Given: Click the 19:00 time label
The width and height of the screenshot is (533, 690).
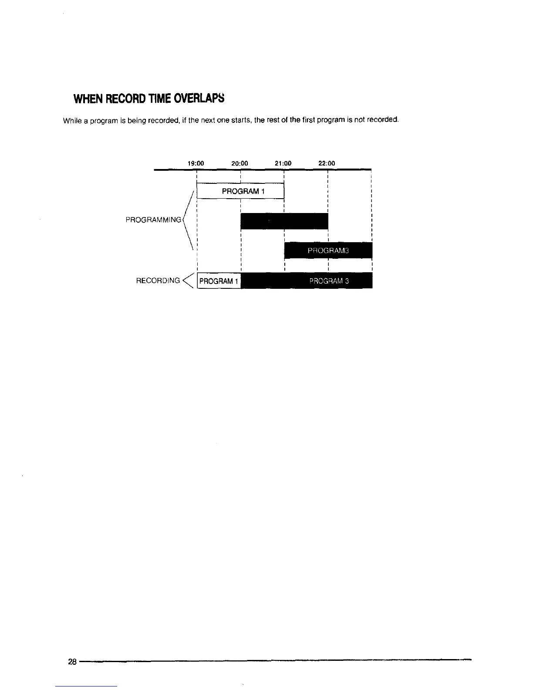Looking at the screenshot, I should click(x=196, y=163).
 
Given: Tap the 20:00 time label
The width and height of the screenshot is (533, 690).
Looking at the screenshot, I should click(x=240, y=163).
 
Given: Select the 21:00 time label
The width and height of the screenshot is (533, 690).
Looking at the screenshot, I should click(x=283, y=163).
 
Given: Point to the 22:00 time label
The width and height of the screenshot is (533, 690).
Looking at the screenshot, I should click(x=327, y=163).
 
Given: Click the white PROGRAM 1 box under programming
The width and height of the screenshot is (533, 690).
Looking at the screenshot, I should click(x=240, y=191).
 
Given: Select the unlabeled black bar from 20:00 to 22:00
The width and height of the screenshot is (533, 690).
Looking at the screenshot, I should click(x=284, y=220).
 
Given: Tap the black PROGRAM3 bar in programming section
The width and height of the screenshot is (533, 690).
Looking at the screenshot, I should click(x=328, y=250).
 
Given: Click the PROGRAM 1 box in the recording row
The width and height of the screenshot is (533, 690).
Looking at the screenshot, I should click(x=219, y=281).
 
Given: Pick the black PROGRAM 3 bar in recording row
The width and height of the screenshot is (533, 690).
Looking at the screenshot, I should click(x=307, y=281).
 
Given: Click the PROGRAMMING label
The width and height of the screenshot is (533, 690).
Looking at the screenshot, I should click(x=153, y=220).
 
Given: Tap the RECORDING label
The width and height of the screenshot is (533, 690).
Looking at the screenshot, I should click(x=158, y=281).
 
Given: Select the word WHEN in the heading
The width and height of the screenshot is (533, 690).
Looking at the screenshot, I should click(x=87, y=99).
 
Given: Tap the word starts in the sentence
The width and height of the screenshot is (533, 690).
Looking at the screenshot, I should click(x=241, y=120).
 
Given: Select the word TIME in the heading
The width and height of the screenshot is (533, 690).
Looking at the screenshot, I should click(x=161, y=98).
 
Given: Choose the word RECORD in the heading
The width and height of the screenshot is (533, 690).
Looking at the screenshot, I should click(x=125, y=99).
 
